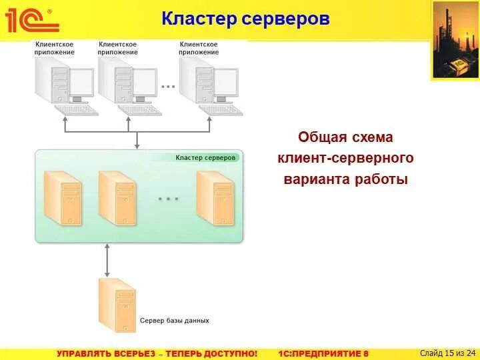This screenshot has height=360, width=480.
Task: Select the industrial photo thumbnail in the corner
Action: pos(455,40)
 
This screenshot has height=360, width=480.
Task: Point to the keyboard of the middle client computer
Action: pos(139,110)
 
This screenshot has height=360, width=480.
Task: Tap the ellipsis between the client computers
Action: pos(169,86)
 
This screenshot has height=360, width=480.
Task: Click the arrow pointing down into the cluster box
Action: pos(137,141)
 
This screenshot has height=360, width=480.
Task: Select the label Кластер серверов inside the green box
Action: pos(205,158)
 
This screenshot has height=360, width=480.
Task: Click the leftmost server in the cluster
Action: pos(63,197)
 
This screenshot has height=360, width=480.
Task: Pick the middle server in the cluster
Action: pos(117,197)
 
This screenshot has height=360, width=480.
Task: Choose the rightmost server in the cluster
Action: pos(215,197)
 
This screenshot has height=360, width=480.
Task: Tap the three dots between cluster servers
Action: pos(168,199)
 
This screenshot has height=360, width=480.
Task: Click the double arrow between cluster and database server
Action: pos(107,260)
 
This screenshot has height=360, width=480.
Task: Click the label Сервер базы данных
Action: pos(174,321)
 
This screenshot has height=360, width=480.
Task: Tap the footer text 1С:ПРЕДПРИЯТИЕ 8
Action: pos(323,353)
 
